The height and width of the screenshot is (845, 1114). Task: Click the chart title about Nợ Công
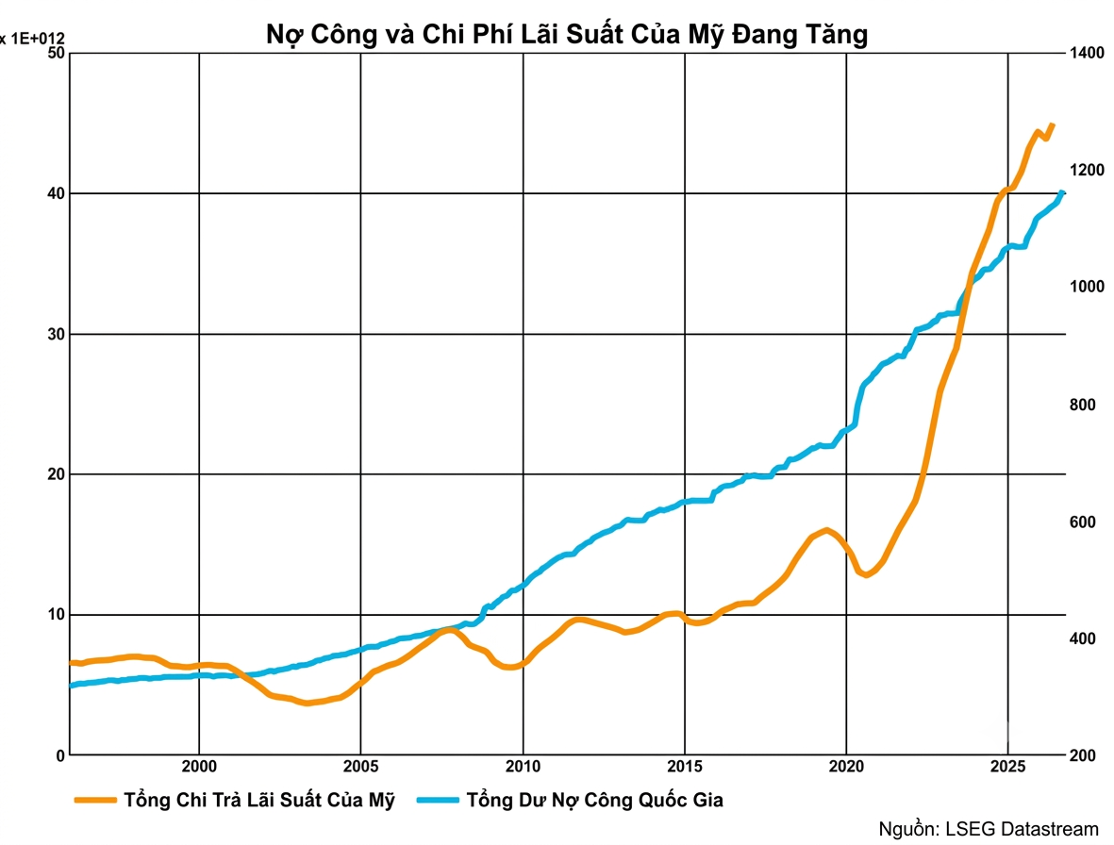coord(567,33)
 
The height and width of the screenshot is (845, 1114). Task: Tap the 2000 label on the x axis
coord(199,767)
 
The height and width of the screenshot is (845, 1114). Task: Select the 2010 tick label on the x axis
coord(523,767)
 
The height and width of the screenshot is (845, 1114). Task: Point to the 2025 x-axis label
coord(1008,767)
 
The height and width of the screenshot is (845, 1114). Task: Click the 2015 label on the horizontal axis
coord(685,767)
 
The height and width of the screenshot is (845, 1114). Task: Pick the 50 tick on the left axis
coord(57,53)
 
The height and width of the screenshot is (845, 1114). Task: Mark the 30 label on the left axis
coord(57,334)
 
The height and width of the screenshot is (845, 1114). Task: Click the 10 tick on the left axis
coord(57,614)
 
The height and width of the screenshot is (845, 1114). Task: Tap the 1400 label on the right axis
coord(1087,53)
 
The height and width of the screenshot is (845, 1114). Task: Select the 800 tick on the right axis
coord(1083,405)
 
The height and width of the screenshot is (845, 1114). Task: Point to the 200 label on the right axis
coord(1083,755)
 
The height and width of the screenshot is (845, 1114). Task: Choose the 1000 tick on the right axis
coord(1087,287)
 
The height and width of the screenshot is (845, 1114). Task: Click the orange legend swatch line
coord(95,801)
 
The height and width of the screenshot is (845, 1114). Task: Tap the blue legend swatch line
coord(438,801)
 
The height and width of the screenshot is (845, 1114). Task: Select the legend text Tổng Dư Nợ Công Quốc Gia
coord(594,801)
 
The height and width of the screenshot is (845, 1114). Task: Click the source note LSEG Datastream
coord(989,829)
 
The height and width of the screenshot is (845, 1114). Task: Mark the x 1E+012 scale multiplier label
coord(33,39)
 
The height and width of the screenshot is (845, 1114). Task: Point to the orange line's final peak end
coord(1053,125)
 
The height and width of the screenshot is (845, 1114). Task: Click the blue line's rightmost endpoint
coord(1062,192)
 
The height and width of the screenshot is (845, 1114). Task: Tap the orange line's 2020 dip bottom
coord(866,573)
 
